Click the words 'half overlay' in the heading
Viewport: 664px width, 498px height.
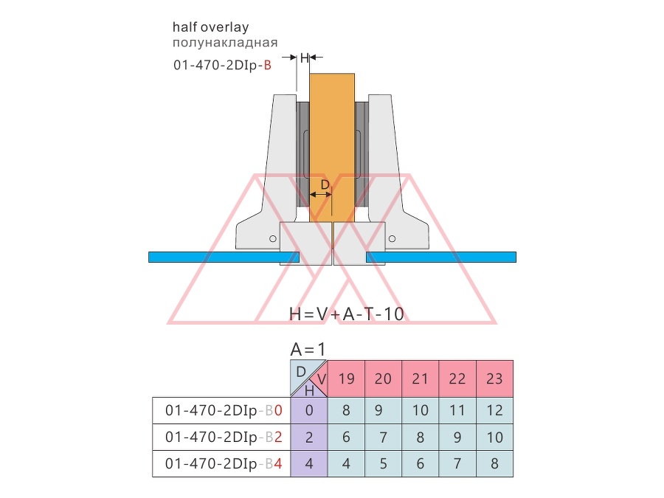[x=210, y=27]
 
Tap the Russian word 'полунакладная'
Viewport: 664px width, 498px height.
[x=225, y=43]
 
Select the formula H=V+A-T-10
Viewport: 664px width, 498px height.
[x=347, y=314]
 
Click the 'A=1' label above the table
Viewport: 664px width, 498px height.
[x=308, y=350]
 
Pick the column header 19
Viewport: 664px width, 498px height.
[x=347, y=378]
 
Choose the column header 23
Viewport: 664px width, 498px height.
[x=494, y=378]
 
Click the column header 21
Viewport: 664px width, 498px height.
[x=420, y=378]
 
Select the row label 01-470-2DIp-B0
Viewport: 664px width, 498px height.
[x=224, y=410]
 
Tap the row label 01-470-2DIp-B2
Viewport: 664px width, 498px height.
[x=224, y=437]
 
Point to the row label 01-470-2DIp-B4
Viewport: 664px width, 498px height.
[x=224, y=464]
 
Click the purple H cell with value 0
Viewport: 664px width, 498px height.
[x=309, y=410]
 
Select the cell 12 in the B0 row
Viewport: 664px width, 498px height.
[x=494, y=410]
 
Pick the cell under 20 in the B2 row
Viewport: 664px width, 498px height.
[x=383, y=437]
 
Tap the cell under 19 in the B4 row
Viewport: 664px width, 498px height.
[x=347, y=464]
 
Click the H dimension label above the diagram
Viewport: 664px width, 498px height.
[x=304, y=58]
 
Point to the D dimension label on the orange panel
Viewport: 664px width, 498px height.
[x=325, y=185]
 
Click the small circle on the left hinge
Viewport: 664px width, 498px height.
[x=273, y=239]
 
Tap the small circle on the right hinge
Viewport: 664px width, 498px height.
[x=392, y=239]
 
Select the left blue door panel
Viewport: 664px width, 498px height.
[x=224, y=257]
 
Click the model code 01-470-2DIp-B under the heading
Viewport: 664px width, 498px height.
[x=222, y=65]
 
